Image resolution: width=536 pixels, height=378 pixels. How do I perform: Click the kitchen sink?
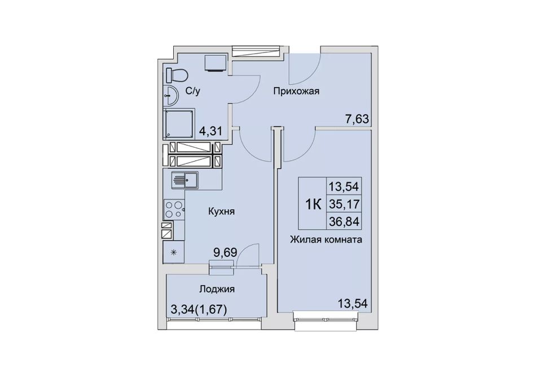tap(185, 180)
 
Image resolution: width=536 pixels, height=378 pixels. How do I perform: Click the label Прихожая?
tap(296, 91)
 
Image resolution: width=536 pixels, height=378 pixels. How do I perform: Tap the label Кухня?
tap(222, 211)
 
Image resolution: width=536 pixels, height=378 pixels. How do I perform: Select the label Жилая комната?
tap(326, 239)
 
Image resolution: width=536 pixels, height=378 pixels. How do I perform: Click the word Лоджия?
tap(217, 290)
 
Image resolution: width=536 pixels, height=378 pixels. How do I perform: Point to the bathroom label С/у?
tap(192, 91)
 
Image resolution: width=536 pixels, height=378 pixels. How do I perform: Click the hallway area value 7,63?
tap(357, 119)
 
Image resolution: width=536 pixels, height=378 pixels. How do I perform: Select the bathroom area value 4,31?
tap(211, 131)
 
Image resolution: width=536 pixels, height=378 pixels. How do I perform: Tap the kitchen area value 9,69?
tap(225, 253)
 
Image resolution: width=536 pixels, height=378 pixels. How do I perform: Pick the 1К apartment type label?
tap(313, 204)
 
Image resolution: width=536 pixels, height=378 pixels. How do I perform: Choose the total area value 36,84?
tap(344, 222)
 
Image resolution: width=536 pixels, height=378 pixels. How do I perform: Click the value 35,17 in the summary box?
tap(344, 204)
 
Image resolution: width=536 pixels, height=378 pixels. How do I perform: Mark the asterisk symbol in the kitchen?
tap(174, 252)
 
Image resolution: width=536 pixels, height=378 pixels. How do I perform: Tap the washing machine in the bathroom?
tap(216, 63)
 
